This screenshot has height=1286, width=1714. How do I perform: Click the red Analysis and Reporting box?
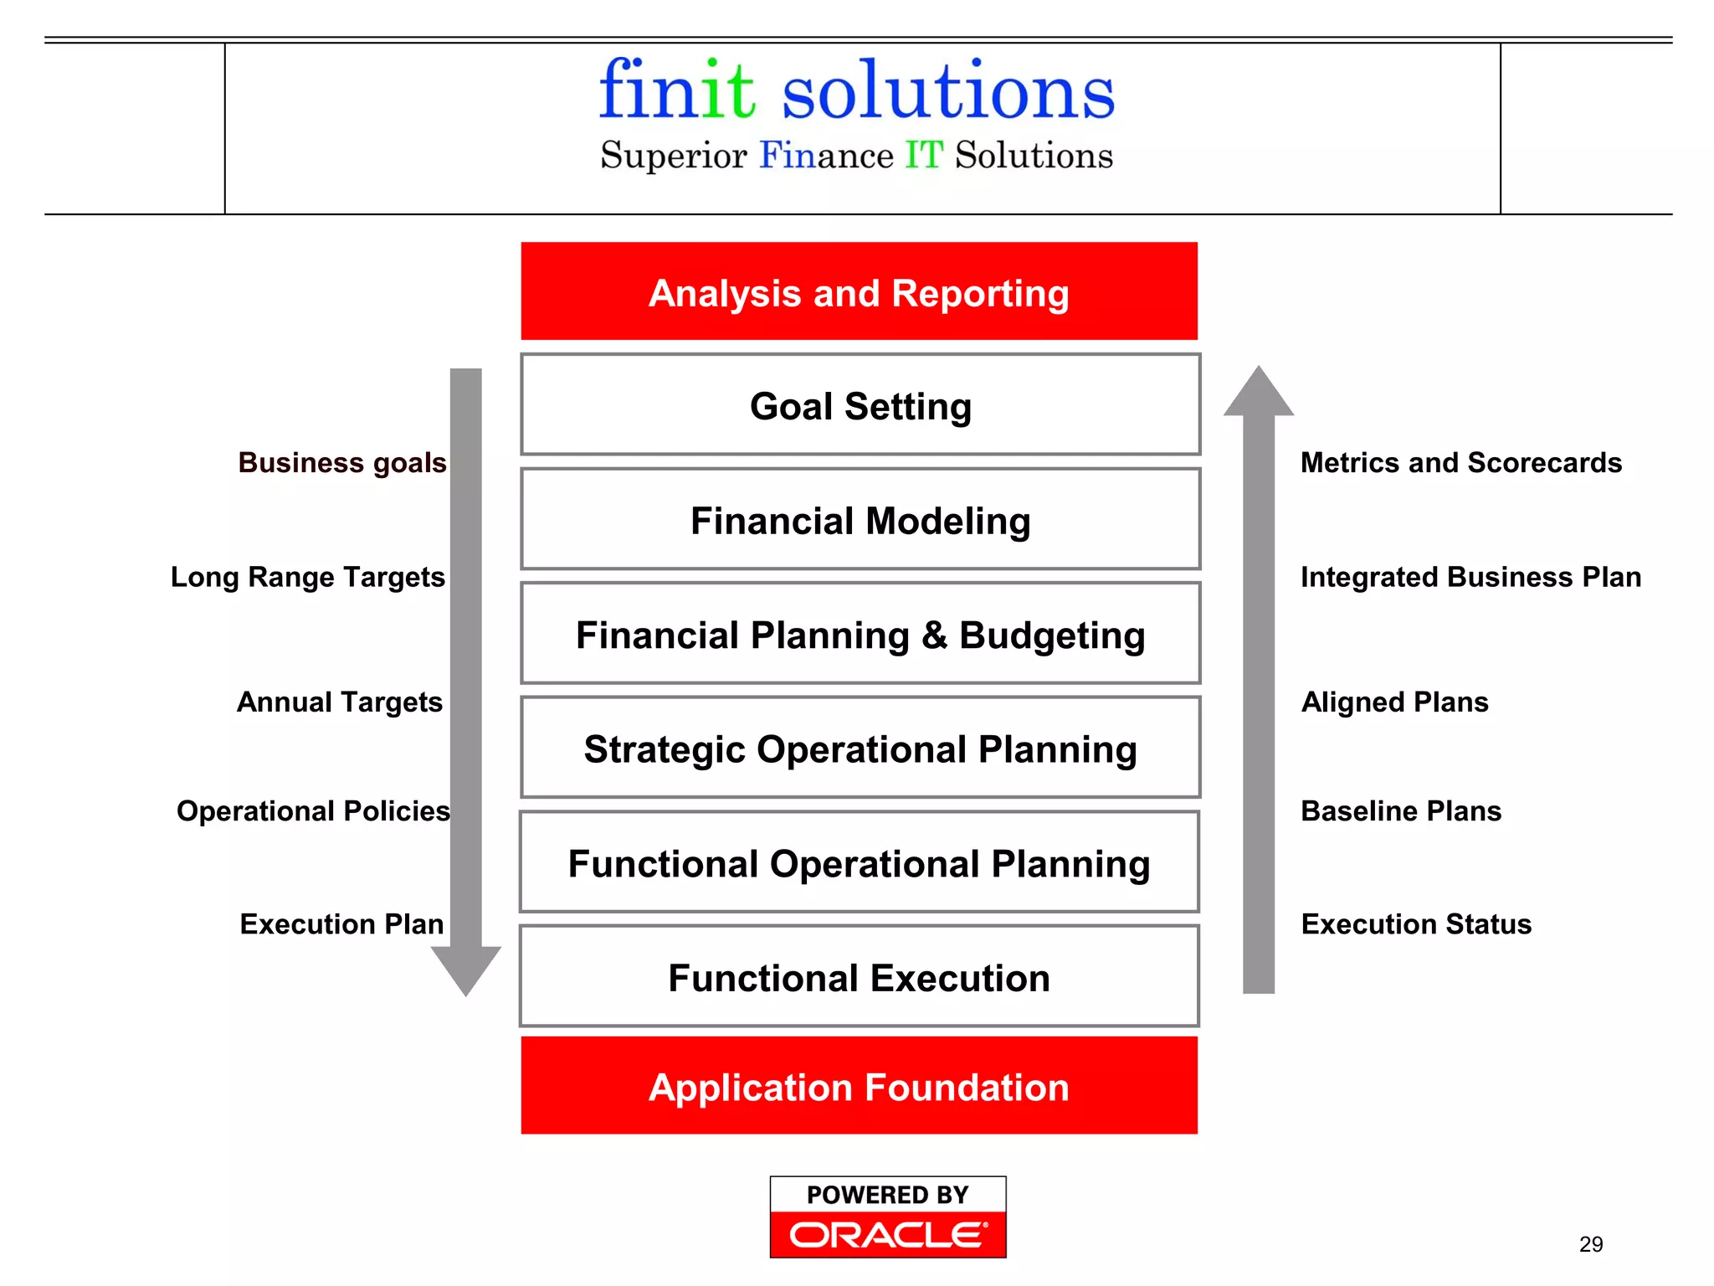point(859,291)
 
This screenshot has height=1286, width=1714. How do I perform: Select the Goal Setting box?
point(860,405)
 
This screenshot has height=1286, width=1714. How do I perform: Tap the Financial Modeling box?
point(860,520)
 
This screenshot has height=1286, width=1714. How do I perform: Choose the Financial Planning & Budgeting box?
point(860,634)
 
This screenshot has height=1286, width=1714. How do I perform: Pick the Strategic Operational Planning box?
point(860,748)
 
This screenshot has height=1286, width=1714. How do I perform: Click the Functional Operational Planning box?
point(859,862)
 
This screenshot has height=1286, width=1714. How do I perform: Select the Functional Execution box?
point(859,976)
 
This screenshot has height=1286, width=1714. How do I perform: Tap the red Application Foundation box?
point(859,1086)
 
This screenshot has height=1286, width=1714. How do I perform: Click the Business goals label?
point(342,462)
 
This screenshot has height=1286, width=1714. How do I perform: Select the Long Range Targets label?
point(308,577)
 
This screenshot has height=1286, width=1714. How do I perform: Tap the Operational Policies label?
point(313,810)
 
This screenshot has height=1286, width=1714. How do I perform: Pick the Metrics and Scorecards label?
point(1460,462)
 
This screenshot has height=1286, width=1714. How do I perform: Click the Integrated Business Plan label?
point(1470,577)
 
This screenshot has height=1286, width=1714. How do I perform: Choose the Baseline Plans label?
point(1401,810)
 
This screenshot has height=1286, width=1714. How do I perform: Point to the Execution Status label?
point(1416,923)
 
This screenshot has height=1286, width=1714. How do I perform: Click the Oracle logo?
point(888,1234)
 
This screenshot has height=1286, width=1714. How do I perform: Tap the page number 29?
point(1591,1244)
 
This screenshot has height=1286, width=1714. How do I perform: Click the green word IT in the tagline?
point(924,156)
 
